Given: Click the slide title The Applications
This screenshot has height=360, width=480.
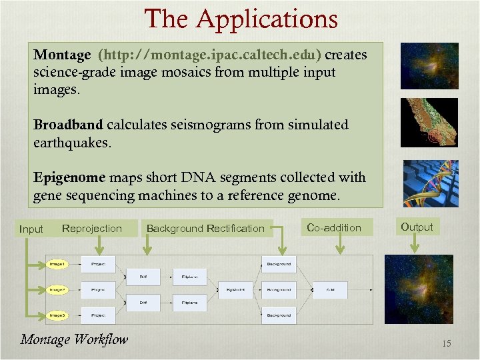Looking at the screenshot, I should point(241,19).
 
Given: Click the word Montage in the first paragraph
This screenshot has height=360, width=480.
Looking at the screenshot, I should point(62,55).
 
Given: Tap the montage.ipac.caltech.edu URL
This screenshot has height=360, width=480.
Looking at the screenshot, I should point(210,55).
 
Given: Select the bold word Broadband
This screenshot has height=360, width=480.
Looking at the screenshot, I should point(68,125).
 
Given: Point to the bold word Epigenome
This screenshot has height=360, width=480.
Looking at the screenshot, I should point(69,178).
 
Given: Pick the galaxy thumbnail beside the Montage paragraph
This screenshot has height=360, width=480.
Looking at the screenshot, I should point(429,65).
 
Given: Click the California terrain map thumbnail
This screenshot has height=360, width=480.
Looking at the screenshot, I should point(429,122).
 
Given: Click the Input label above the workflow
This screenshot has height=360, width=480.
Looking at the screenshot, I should point(31,229).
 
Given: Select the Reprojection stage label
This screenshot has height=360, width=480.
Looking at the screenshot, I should point(92,229).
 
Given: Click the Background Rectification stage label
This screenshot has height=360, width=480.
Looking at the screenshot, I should point(205,229).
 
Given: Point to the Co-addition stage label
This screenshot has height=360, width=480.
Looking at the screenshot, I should point(333,228).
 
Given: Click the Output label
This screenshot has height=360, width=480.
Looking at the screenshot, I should point(417,227).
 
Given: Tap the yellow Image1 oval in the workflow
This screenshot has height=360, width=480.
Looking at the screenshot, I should point(58,264).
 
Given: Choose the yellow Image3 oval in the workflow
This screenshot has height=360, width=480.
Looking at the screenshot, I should point(58,315).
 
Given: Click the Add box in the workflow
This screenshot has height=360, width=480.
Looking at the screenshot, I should point(331,290).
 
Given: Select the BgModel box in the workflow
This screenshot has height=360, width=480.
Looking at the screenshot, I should point(235,290).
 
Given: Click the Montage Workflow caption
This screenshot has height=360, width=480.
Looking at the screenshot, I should point(74,339).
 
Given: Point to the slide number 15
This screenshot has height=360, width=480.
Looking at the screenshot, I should point(446,344).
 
